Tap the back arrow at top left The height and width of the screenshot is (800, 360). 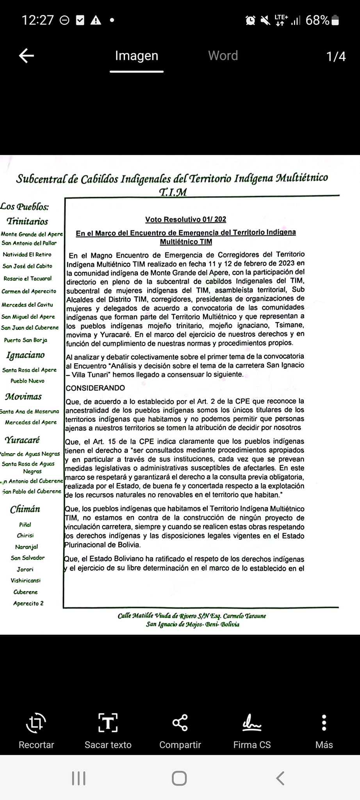point(27,56)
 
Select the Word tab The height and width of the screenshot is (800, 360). point(223,56)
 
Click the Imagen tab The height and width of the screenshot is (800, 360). point(136,56)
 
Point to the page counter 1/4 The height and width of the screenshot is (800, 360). point(336,57)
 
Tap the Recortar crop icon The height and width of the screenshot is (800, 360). point(36,723)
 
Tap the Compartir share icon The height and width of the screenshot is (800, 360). point(180,723)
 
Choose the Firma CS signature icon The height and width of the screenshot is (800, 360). point(252,723)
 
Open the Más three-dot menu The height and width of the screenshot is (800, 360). point(324,723)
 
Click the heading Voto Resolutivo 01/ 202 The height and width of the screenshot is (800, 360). point(185,220)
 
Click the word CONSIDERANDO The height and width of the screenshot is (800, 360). point(95,388)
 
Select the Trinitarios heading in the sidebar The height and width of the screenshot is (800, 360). point(27,221)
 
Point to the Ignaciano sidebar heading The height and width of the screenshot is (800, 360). point(25,355)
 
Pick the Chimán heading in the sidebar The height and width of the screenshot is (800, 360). point(25,509)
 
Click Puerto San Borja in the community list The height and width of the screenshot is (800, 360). point(25,340)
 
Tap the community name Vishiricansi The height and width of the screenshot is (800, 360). point(25,580)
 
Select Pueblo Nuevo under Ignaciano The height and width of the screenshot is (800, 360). point(27,381)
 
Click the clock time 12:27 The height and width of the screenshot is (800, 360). point(37,20)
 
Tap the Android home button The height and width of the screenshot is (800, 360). point(179,778)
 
